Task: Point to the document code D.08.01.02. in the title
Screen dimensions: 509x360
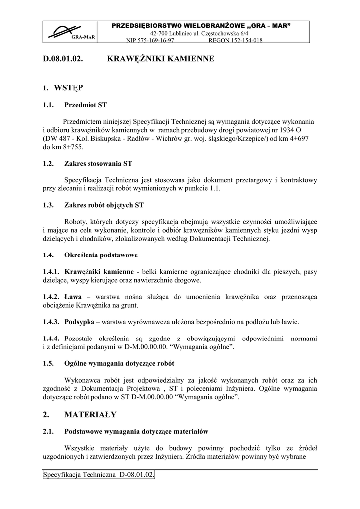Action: point(63,59)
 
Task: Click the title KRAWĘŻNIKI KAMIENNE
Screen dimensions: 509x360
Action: point(161,59)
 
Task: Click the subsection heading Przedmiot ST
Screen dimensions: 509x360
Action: point(86,105)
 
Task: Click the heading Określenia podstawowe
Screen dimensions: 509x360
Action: point(101,255)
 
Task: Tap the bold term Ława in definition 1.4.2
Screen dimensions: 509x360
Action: point(73,297)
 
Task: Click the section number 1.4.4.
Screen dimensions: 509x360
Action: point(52,339)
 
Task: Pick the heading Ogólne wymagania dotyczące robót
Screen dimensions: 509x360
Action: point(119,363)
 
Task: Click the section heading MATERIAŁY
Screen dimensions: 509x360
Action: point(90,414)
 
